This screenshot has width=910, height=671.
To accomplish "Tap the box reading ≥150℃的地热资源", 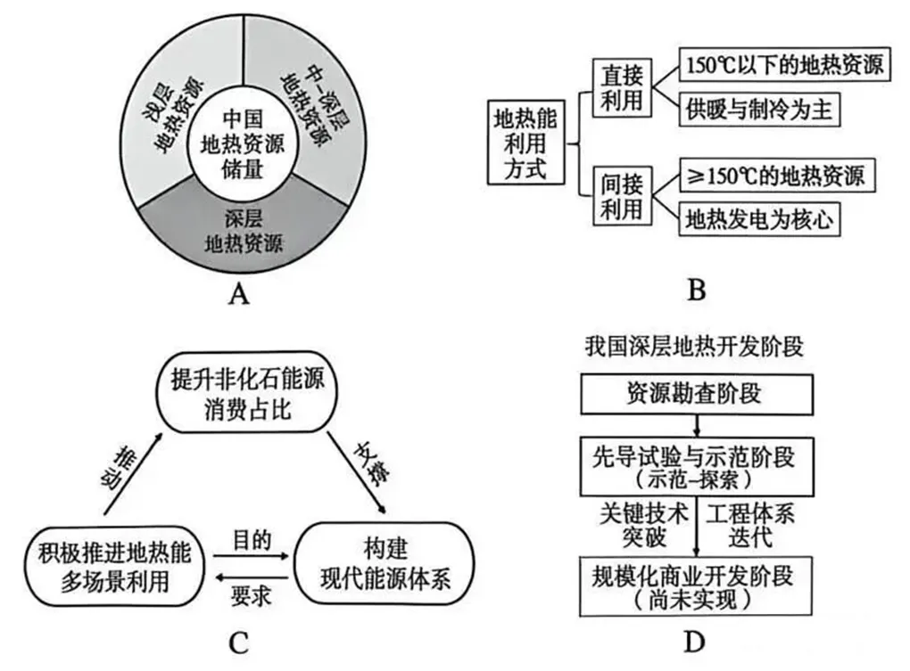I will click(773, 175).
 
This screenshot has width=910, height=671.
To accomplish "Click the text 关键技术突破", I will click(645, 526).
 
